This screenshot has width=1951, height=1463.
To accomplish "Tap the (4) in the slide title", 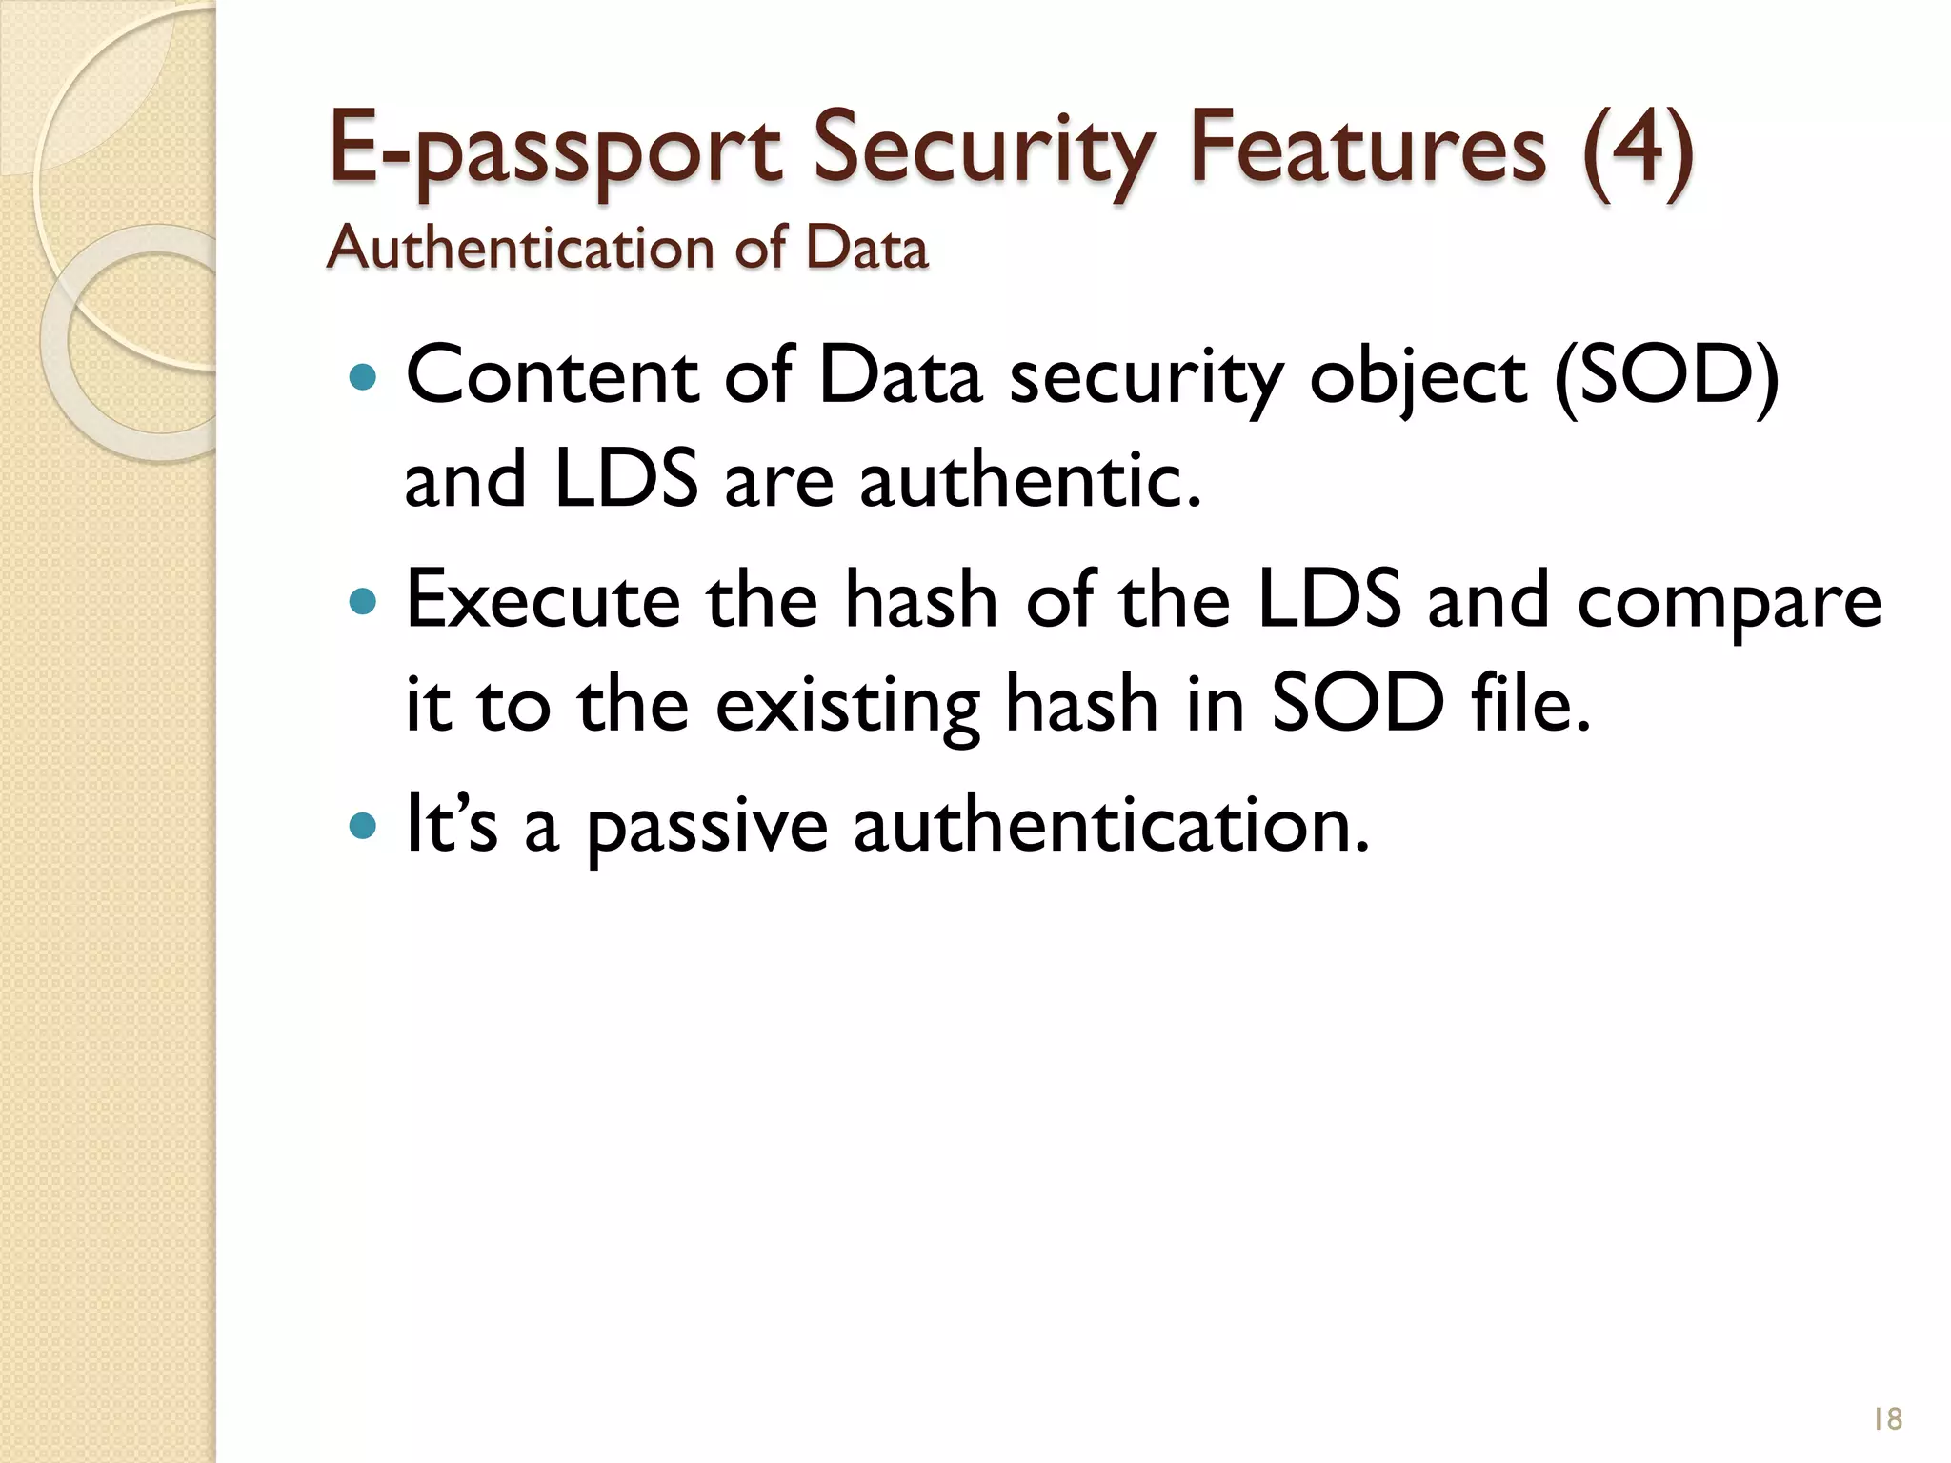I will pos(1638,149).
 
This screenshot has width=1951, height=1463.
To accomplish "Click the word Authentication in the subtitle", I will pos(519,249).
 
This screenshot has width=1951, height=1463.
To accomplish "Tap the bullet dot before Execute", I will pos(363,602).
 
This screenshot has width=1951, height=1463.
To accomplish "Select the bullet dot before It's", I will pos(363,826).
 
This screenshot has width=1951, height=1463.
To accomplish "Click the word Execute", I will pos(543,600).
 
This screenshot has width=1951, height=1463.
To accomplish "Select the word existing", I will pos(847,706).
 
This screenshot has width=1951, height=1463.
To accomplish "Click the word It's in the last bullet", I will pos(451,824).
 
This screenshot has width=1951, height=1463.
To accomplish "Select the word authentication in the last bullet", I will pos(1111,824).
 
